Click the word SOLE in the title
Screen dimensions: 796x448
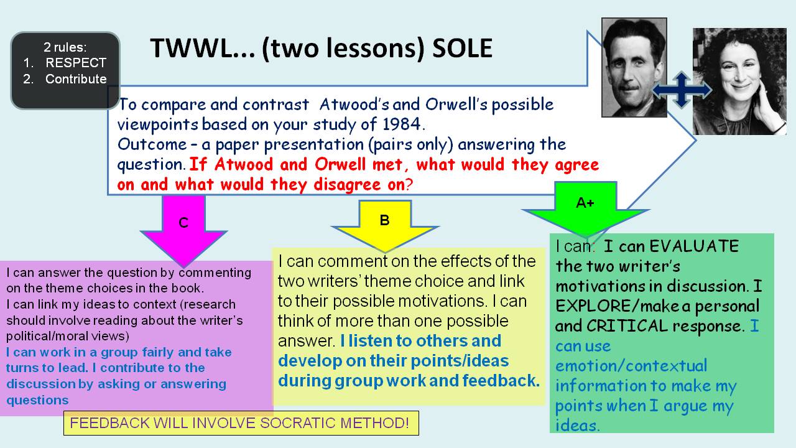tap(462, 48)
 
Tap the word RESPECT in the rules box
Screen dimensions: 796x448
tap(76, 63)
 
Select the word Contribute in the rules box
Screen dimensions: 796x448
tap(76, 79)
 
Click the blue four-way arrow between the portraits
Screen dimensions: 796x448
tap(682, 90)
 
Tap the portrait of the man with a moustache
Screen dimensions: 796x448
tap(634, 68)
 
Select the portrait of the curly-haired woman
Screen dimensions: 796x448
tap(739, 82)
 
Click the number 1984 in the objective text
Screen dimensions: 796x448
tap(402, 124)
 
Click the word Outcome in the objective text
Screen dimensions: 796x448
tap(152, 144)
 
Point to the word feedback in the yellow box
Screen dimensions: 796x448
tap(501, 380)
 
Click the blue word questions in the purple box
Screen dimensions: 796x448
tap(37, 400)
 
